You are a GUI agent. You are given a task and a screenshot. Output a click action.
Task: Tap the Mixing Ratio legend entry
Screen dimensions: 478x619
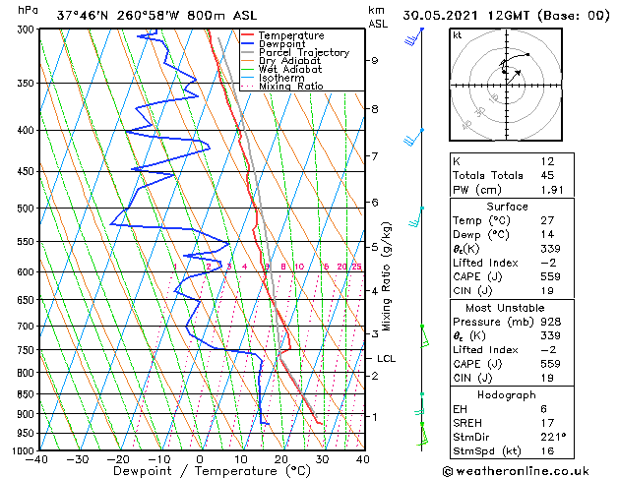point(290,86)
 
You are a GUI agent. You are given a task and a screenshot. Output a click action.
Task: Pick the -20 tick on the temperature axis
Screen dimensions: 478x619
point(117,458)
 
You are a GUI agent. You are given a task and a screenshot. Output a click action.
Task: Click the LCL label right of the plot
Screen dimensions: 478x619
point(386,359)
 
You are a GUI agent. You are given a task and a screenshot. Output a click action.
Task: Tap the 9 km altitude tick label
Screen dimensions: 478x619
point(375,60)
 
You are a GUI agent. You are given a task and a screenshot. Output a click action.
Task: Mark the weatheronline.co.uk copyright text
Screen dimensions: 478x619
point(526,470)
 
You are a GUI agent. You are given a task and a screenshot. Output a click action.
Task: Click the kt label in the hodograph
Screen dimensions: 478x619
point(458,34)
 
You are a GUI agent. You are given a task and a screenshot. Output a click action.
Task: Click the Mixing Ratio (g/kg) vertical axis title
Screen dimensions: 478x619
point(388,276)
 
